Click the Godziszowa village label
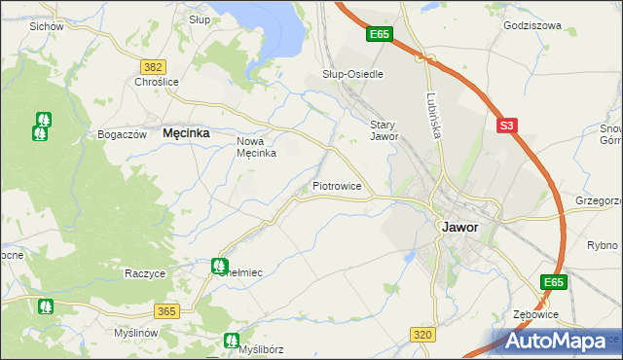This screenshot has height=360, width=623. (532, 26)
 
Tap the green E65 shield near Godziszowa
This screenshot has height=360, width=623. (380, 35)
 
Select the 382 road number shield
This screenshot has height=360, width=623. (152, 66)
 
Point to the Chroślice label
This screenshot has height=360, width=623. (157, 83)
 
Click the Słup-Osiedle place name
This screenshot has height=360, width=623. (352, 74)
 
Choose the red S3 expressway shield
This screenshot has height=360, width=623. (505, 126)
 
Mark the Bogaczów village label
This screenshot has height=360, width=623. (122, 134)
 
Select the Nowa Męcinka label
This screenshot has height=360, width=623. (257, 147)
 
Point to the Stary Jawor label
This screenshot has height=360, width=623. (385, 130)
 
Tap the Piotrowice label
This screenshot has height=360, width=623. (337, 185)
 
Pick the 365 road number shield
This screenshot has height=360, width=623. (166, 310)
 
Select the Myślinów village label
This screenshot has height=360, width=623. (134, 333)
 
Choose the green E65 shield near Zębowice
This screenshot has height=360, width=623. (554, 282)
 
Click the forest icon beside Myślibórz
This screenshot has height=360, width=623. (231, 341)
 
